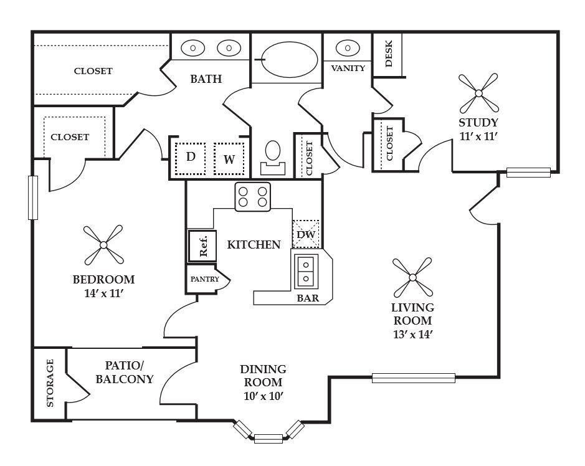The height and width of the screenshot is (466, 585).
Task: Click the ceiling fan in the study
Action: tap(478, 93)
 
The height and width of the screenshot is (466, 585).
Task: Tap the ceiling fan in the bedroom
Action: tap(103, 245)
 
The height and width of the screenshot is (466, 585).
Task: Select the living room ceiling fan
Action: tap(412, 277)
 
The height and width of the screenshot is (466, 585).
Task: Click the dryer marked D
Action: tap(190, 159)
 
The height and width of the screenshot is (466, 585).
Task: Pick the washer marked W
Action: tap(229, 159)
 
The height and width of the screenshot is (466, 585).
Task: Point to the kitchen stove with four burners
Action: tap(252, 197)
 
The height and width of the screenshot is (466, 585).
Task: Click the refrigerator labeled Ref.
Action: tap(202, 246)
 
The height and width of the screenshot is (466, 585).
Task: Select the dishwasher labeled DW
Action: tap(305, 234)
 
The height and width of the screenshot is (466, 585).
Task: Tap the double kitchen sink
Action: tap(306, 271)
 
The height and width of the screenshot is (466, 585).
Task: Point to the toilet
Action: tap(273, 158)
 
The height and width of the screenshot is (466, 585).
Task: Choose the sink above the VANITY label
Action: tap(348, 48)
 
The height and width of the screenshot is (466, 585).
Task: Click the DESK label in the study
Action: tap(388, 54)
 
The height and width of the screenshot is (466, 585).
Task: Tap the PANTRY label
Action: tap(204, 279)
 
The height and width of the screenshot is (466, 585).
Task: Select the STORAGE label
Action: tap(50, 383)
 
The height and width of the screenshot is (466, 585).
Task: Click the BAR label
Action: tap(308, 298)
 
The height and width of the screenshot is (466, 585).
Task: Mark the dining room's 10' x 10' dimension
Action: tap(264, 396)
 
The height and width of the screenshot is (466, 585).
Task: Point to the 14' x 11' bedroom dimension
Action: tap(103, 293)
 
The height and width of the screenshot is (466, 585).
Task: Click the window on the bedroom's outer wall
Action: tap(33, 197)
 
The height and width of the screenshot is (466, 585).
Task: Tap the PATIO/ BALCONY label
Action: tap(124, 372)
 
